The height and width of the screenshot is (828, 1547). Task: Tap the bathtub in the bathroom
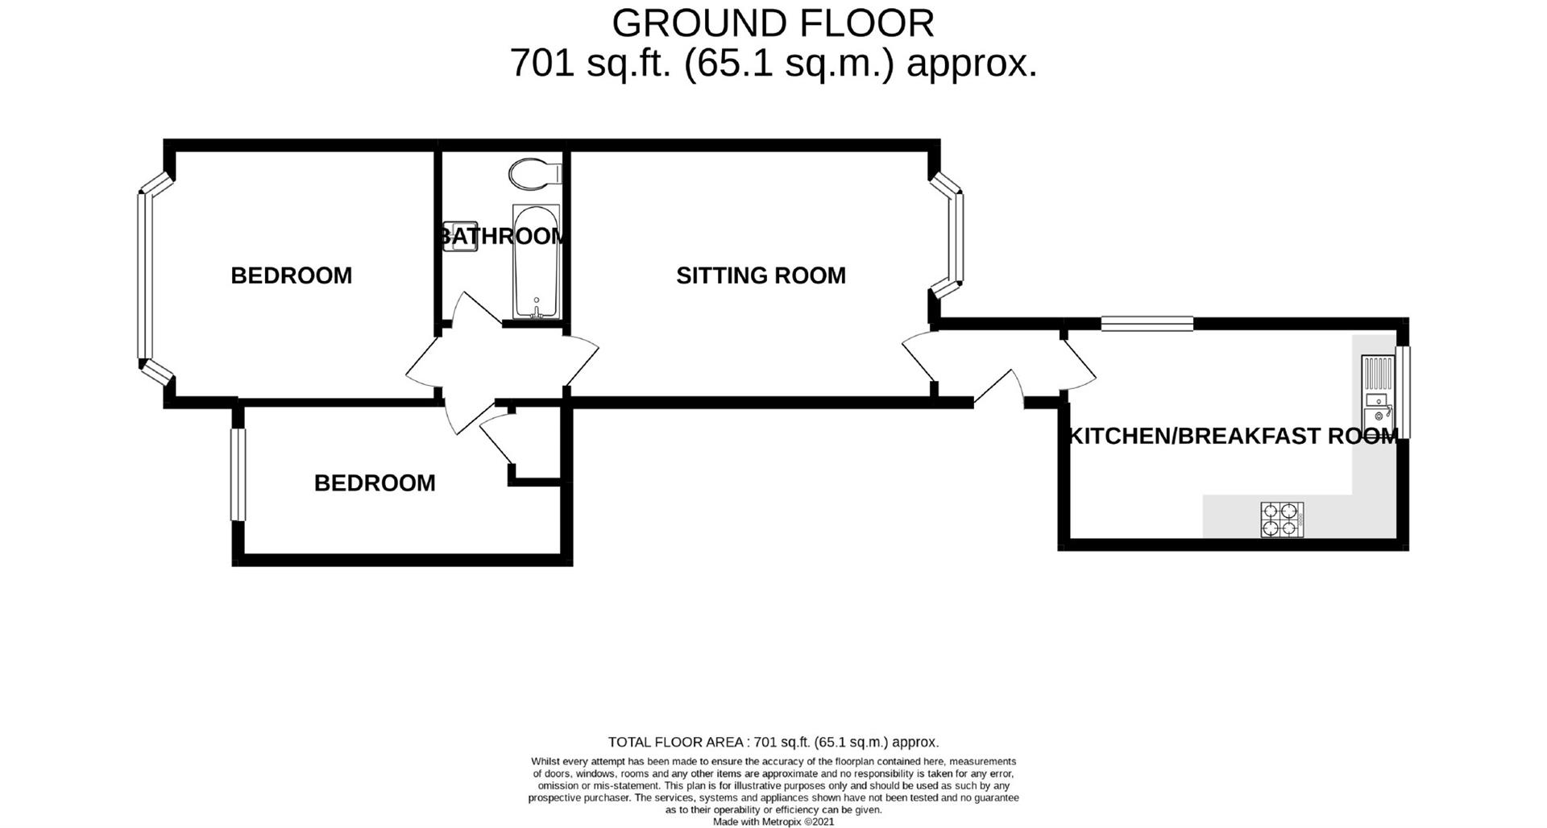pyautogui.click(x=536, y=262)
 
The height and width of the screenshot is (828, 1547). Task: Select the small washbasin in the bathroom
pyautogui.click(x=459, y=236)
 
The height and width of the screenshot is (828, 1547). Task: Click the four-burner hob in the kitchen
pyautogui.click(x=1282, y=520)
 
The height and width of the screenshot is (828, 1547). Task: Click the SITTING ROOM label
pyautogui.click(x=761, y=275)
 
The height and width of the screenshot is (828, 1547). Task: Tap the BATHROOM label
pyautogui.click(x=501, y=236)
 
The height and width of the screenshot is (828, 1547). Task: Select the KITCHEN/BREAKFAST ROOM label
pyautogui.click(x=1233, y=436)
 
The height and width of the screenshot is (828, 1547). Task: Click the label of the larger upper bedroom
pyautogui.click(x=292, y=275)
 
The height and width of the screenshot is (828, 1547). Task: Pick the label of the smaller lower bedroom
pyautogui.click(x=375, y=482)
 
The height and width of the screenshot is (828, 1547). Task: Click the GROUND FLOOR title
pyautogui.click(x=773, y=23)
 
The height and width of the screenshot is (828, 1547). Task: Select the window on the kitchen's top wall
pyautogui.click(x=1147, y=323)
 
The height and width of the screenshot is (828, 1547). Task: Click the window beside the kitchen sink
pyautogui.click(x=1404, y=392)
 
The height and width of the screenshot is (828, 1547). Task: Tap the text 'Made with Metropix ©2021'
pyautogui.click(x=773, y=822)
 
